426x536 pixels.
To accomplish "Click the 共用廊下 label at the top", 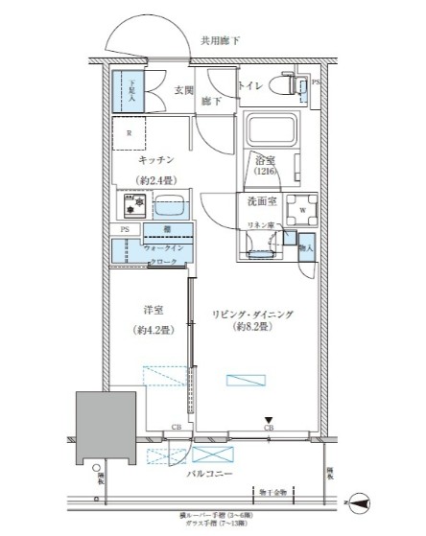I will click(x=221, y=41).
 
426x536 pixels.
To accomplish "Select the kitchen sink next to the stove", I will click(x=169, y=205).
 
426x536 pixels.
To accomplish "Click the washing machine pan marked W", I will click(x=302, y=208).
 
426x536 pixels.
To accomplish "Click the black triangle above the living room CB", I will click(x=270, y=418).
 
